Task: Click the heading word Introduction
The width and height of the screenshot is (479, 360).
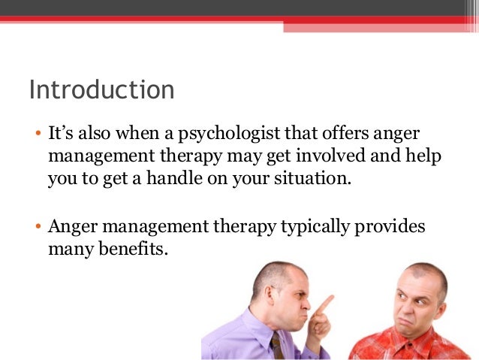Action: (x=101, y=90)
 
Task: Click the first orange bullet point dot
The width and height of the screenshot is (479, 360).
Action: (x=37, y=135)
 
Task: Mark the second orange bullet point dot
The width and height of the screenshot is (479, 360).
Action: (x=37, y=227)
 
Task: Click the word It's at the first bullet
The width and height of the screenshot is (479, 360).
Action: (x=62, y=134)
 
